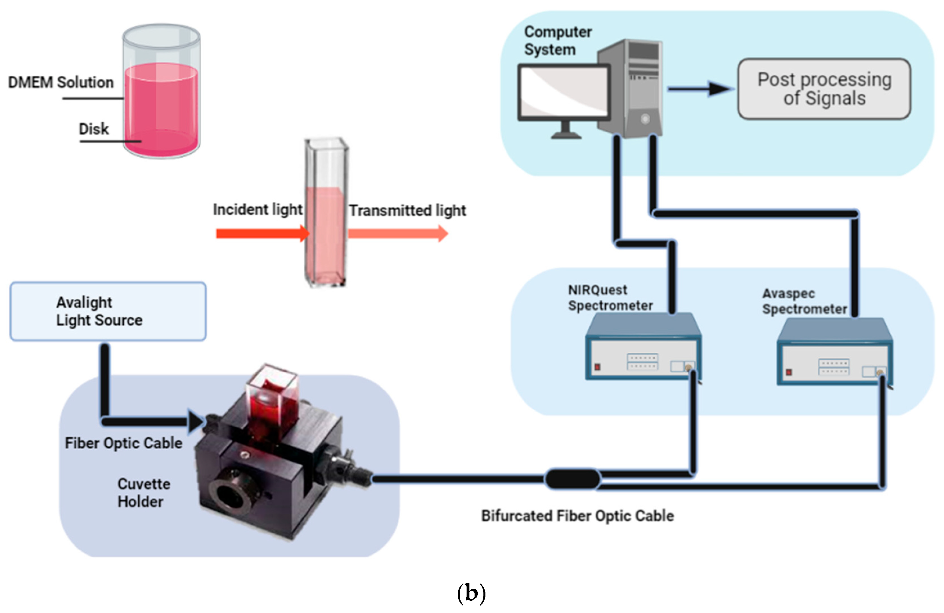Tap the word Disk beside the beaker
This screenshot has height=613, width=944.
pyautogui.click(x=94, y=129)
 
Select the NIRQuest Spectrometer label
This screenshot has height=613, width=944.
pyautogui.click(x=610, y=297)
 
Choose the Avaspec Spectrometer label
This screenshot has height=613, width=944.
pyautogui.click(x=804, y=301)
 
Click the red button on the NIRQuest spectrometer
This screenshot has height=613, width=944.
pyautogui.click(x=597, y=367)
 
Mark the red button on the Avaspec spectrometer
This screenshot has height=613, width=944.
pyautogui.click(x=789, y=372)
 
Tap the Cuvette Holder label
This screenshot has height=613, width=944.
pyautogui.click(x=144, y=492)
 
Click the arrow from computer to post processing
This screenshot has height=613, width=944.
pyautogui.click(x=700, y=89)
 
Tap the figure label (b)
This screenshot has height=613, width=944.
pyautogui.click(x=471, y=594)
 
